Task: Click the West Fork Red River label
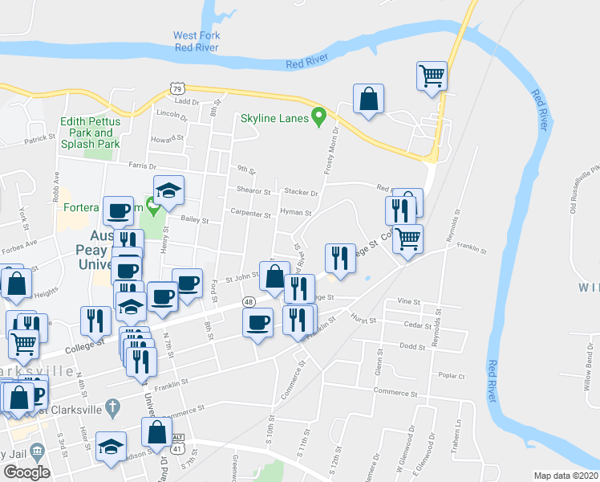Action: tap(197, 41)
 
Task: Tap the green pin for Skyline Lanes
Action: tap(319, 116)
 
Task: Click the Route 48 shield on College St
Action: tap(249, 301)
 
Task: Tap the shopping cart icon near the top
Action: tap(432, 76)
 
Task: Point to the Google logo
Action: tap(26, 472)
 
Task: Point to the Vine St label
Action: tap(409, 301)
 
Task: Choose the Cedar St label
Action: tap(415, 325)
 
